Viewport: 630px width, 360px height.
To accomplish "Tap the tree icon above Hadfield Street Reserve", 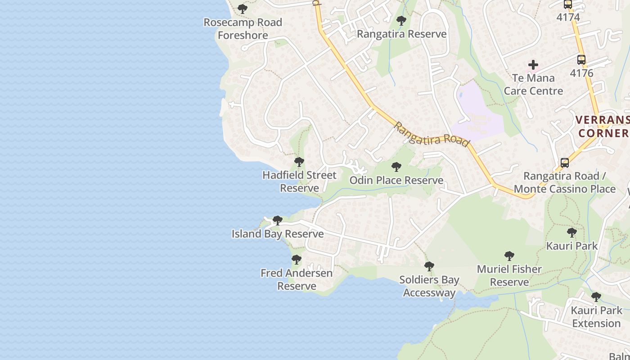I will click(299, 162).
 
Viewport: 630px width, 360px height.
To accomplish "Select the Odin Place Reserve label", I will click(396, 180).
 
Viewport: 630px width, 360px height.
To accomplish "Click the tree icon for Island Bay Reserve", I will click(278, 220).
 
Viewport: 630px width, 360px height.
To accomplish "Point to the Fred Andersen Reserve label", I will click(297, 279).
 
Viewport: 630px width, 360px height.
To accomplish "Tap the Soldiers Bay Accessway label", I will click(429, 286).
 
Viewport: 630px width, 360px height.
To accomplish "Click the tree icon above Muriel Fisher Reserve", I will click(509, 256).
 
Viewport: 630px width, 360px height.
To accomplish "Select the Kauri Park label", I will click(571, 246).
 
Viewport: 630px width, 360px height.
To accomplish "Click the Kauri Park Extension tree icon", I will click(596, 297).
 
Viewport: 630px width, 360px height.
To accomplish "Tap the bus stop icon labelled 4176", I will click(581, 59).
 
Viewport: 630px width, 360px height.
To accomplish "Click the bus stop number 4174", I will click(568, 17).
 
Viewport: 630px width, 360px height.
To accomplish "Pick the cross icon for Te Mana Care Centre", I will click(533, 65).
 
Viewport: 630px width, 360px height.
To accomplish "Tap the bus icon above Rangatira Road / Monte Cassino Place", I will click(565, 163).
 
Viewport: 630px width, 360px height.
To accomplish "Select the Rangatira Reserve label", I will click(401, 34).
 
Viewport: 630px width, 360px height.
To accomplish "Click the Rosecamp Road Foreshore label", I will click(243, 28).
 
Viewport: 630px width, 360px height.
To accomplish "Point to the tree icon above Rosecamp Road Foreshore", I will click(243, 9).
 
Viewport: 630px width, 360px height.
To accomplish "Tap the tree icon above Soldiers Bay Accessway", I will click(429, 266).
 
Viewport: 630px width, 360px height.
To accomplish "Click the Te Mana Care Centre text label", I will click(533, 84).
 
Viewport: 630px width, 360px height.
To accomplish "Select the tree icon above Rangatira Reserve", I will click(401, 20).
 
